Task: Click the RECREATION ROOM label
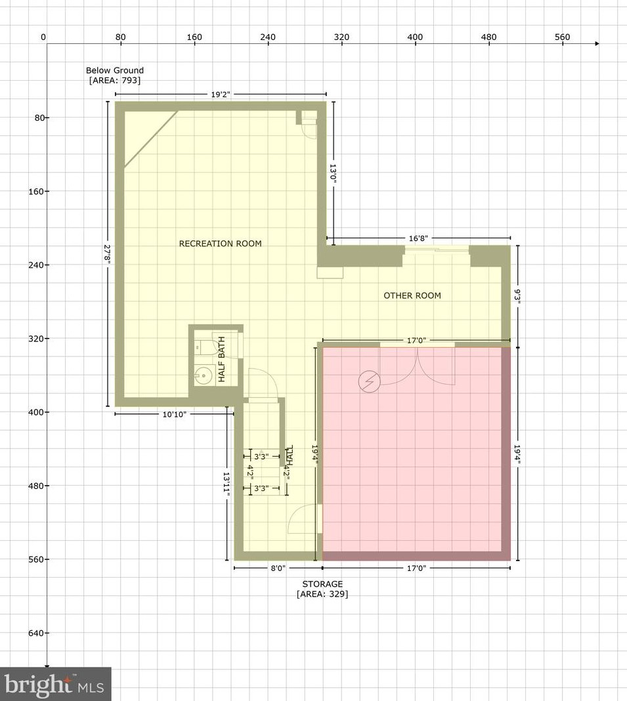click(x=220, y=244)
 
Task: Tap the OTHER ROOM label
click(x=412, y=295)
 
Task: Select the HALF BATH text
click(x=222, y=360)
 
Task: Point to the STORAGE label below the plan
click(x=322, y=584)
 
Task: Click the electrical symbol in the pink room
click(x=368, y=381)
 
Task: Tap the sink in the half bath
click(x=203, y=376)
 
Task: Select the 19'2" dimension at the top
click(x=221, y=95)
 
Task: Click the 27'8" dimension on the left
click(x=108, y=254)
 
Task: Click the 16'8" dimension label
click(x=418, y=238)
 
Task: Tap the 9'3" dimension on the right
click(x=518, y=295)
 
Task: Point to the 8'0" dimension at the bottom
click(x=278, y=568)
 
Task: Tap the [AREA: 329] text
click(x=322, y=594)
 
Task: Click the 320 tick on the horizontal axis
click(x=341, y=37)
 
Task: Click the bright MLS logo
click(x=55, y=685)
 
